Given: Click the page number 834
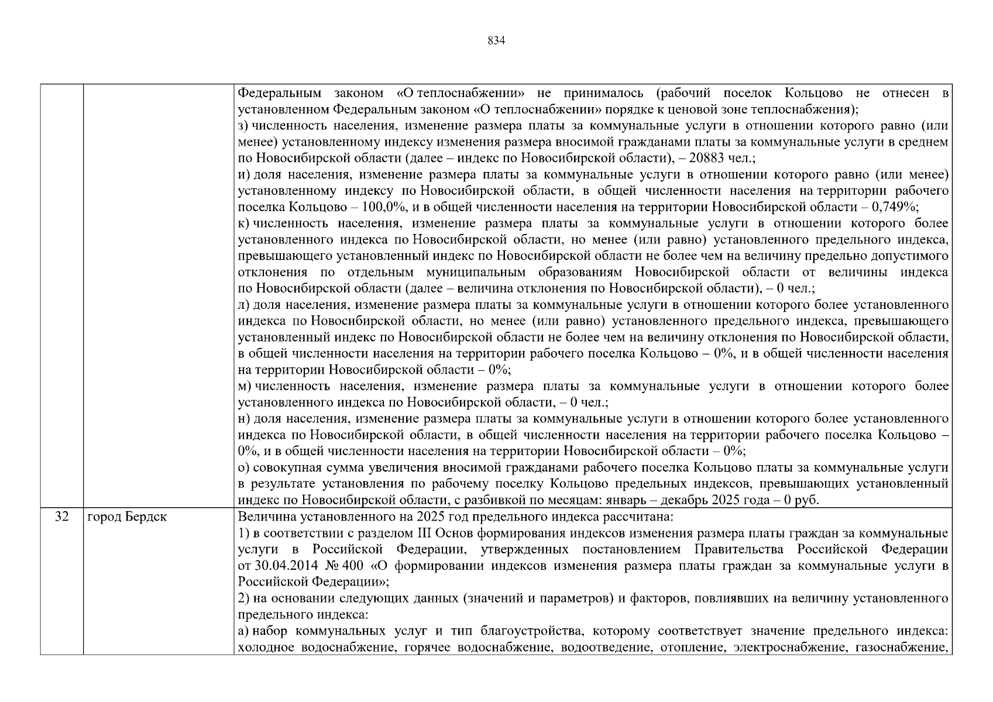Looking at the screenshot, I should (496, 40).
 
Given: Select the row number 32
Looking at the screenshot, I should (61, 517).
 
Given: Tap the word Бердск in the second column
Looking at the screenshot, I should (146, 517).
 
